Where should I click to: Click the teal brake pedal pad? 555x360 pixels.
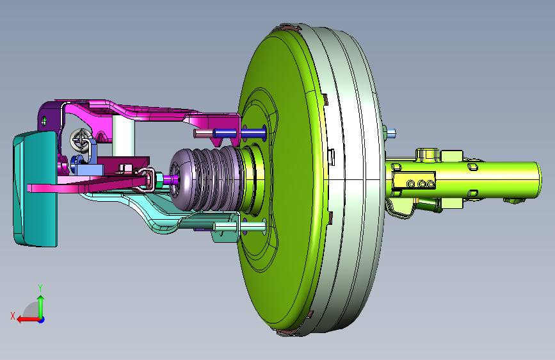(x=35, y=189)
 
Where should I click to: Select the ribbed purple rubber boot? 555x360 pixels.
(x=206, y=179)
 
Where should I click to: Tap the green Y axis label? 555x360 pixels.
(x=40, y=288)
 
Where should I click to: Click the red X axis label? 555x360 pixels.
(x=13, y=316)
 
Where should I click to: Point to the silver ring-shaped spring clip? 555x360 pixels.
(x=81, y=139)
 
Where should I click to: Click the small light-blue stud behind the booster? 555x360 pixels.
(x=391, y=134)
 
